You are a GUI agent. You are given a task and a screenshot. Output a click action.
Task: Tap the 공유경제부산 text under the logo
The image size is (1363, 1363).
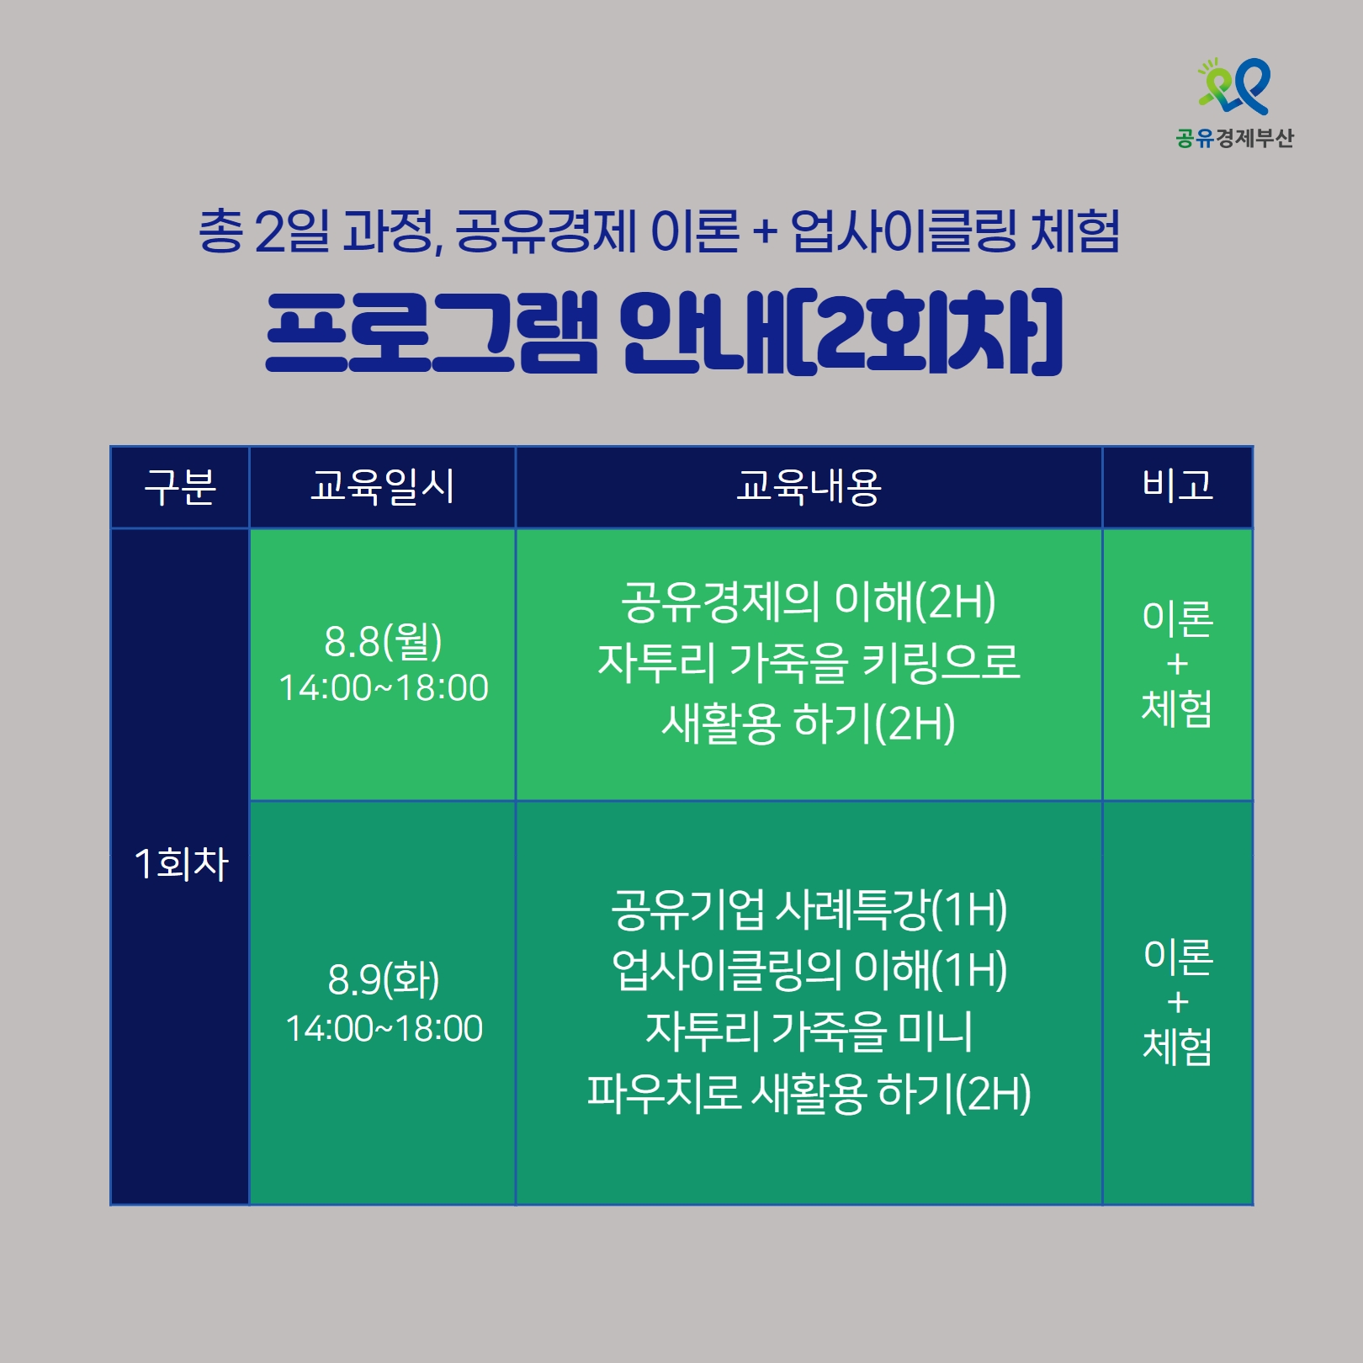point(1234,138)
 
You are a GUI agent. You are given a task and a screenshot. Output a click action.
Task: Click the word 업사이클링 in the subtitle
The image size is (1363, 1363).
point(904,231)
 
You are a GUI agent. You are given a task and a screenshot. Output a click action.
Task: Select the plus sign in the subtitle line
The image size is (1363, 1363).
point(765,231)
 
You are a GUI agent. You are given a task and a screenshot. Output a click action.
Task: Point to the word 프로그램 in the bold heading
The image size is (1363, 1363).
point(432,331)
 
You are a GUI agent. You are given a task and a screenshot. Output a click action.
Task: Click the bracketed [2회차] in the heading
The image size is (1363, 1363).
point(926,331)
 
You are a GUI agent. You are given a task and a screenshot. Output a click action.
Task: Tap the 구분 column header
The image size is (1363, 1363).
point(180,487)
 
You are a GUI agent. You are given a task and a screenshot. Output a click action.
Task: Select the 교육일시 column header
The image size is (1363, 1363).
point(383,486)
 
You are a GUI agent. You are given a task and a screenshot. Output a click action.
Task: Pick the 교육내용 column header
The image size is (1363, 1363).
point(809,486)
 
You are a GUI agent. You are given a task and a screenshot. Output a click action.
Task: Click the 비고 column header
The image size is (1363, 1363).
point(1178,485)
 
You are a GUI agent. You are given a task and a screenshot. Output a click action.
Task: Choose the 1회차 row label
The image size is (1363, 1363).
point(181,864)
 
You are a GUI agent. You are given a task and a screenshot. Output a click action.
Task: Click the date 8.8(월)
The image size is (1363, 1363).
point(383,642)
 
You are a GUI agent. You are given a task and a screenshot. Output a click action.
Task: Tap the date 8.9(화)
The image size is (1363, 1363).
point(384,979)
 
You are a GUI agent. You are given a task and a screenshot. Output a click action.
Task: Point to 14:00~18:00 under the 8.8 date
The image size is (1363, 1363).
point(384,688)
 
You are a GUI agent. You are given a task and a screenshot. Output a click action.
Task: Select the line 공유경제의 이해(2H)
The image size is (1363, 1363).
point(809,602)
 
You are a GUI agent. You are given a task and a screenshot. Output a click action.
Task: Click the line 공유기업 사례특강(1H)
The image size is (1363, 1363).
point(809,909)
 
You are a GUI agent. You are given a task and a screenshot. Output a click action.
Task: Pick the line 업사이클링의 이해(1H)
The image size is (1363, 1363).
point(809,970)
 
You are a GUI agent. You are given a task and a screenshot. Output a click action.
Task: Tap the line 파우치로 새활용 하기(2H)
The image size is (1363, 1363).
point(809,1093)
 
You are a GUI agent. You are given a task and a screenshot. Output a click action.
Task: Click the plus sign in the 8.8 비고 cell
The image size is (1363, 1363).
point(1178,665)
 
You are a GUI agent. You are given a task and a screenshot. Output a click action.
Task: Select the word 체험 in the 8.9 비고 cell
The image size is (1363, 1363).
point(1178,1047)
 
